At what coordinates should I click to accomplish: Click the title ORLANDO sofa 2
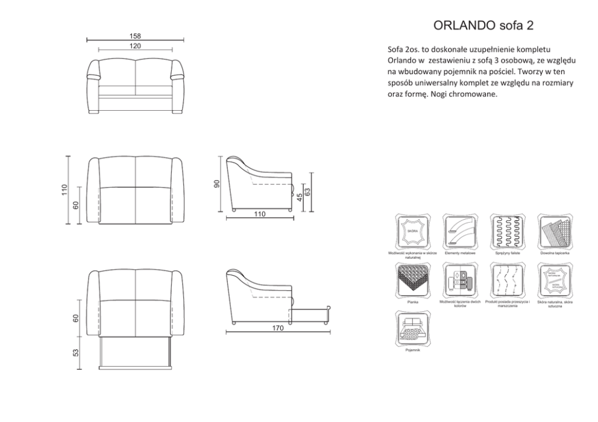pyautogui.click(x=483, y=25)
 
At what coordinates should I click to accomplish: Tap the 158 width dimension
pyautogui.click(x=135, y=36)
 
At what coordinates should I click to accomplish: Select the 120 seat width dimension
pyautogui.click(x=135, y=46)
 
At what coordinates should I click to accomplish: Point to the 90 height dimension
pyautogui.click(x=218, y=184)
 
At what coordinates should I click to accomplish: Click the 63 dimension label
pyautogui.click(x=307, y=192)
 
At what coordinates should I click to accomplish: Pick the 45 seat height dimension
pyautogui.click(x=300, y=197)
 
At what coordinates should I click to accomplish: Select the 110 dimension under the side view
pyautogui.click(x=260, y=214)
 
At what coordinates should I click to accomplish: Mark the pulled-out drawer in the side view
pyautogui.click(x=311, y=314)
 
